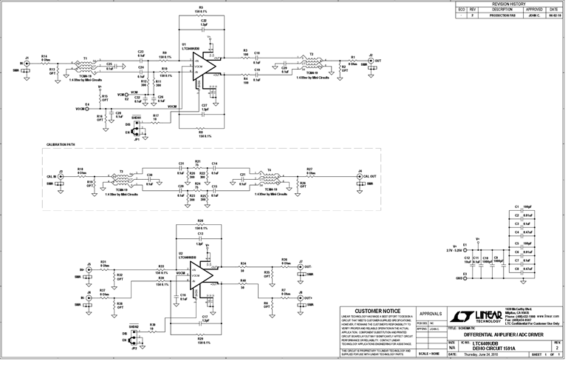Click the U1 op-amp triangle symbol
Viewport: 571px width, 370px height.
(x=208, y=67)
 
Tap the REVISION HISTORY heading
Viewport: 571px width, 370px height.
(x=509, y=4)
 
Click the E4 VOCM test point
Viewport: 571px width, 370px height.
(x=86, y=108)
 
